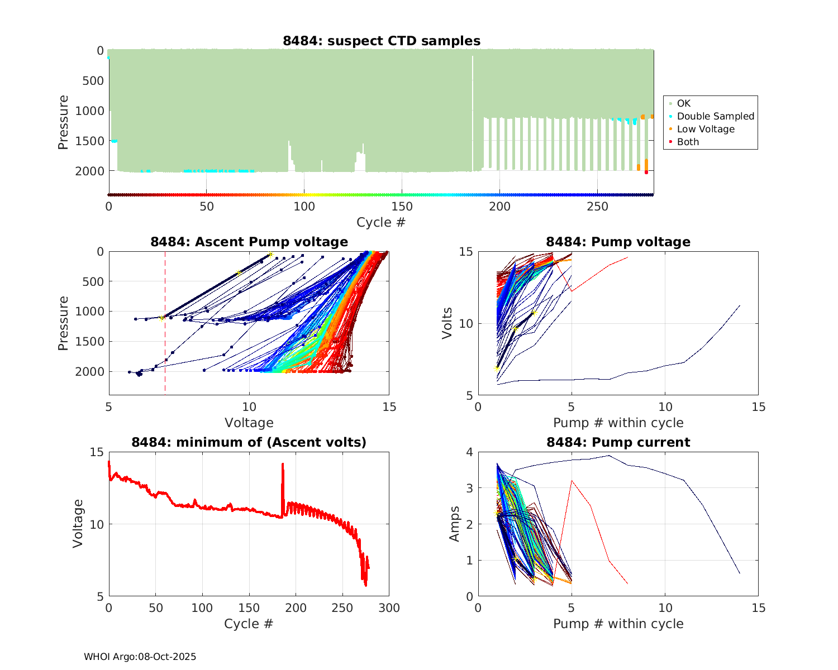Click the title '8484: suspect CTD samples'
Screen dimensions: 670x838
point(382,41)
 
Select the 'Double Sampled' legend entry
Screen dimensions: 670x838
point(715,116)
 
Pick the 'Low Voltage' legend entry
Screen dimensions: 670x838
point(706,129)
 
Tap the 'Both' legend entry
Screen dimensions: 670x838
point(688,142)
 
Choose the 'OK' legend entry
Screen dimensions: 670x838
point(683,103)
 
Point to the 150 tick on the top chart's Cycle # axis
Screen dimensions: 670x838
point(402,207)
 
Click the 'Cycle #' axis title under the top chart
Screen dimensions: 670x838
point(381,222)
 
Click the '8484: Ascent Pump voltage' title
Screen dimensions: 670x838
point(249,242)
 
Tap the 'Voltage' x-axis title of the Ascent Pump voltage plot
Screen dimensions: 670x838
point(249,423)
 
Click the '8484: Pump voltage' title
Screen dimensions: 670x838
point(618,242)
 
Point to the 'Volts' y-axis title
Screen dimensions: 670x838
point(447,323)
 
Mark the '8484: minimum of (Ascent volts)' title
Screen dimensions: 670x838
point(249,442)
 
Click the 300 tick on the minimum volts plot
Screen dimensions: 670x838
point(389,608)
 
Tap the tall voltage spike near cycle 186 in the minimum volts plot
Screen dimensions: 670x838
point(283,465)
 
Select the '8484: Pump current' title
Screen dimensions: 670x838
point(618,442)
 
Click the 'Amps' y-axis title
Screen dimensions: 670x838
point(455,524)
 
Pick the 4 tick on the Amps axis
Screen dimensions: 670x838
point(469,452)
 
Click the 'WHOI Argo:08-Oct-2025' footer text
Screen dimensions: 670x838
point(140,657)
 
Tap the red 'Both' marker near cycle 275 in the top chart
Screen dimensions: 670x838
point(646,172)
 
